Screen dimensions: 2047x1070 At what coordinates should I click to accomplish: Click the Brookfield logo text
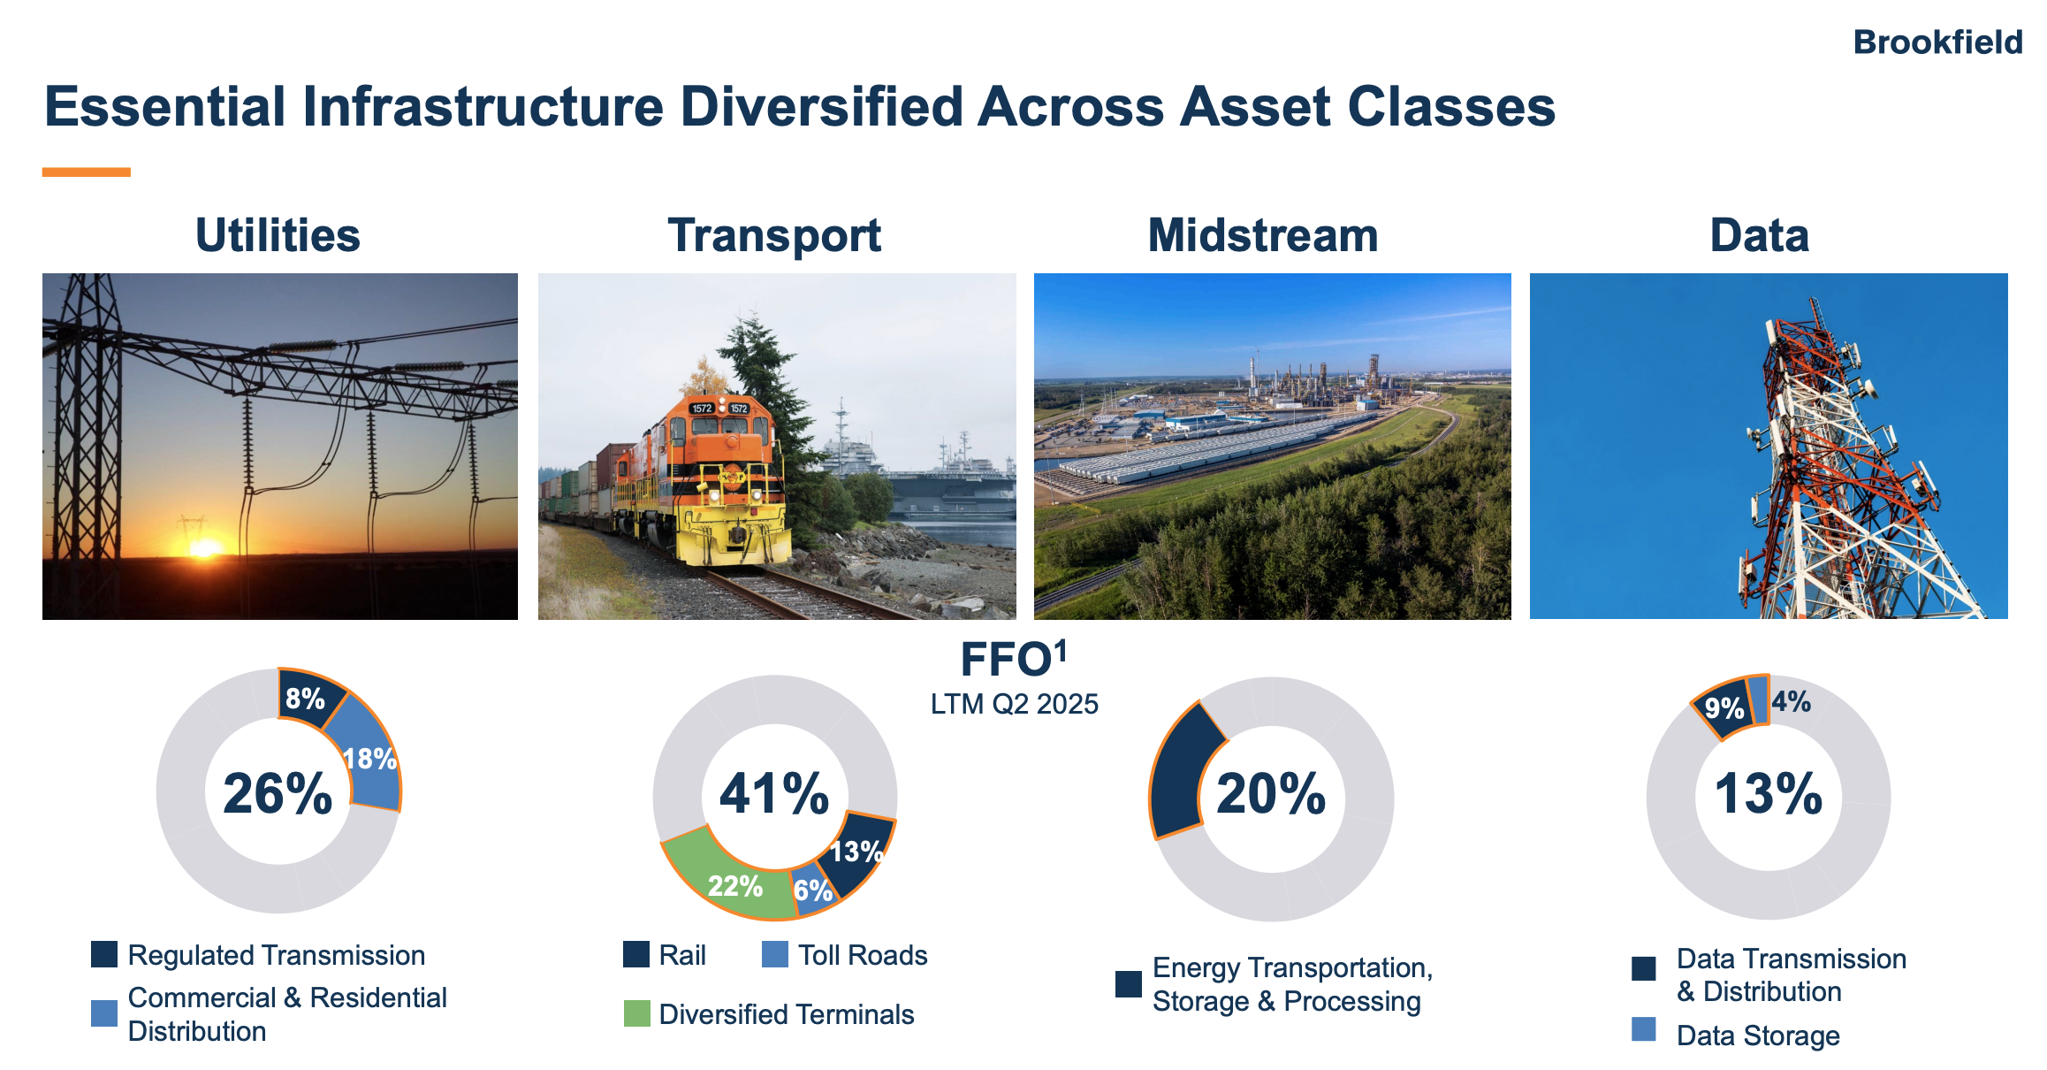pos(1937,42)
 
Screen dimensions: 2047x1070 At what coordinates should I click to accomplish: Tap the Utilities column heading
pos(278,235)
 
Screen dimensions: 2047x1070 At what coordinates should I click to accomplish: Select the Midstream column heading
pos(1263,235)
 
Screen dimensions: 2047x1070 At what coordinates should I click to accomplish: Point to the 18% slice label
pos(369,758)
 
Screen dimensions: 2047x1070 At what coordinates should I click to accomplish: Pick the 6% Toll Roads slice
pos(813,889)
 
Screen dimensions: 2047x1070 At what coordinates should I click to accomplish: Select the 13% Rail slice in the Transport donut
pos(856,851)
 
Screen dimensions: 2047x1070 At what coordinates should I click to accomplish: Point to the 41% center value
pos(774,793)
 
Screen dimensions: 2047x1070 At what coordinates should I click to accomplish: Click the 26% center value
pos(278,793)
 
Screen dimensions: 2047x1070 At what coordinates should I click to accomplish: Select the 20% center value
pos(1271,793)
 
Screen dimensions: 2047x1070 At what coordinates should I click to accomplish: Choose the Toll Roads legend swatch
pos(775,954)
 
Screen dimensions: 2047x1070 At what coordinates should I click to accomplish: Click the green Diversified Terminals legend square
pos(636,1013)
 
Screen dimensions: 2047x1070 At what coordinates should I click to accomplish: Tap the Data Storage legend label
pos(1758,1036)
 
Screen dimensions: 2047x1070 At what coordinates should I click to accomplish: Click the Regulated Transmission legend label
pos(277,955)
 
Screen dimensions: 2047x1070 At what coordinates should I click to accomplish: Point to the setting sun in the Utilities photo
pos(205,548)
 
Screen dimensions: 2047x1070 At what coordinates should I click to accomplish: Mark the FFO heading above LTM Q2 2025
pos(1014,659)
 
